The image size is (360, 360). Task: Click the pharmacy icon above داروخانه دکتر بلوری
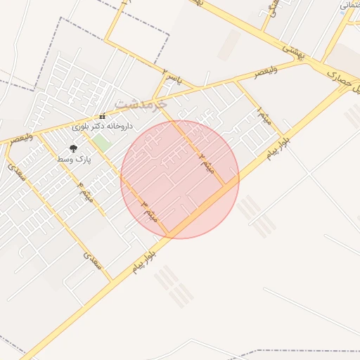tap(102, 116)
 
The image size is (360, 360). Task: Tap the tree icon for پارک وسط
tap(73, 148)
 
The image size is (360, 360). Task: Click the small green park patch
tap(103, 142)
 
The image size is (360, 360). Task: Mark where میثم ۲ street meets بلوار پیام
tap(226, 186)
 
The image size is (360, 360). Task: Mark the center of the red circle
tap(180, 179)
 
